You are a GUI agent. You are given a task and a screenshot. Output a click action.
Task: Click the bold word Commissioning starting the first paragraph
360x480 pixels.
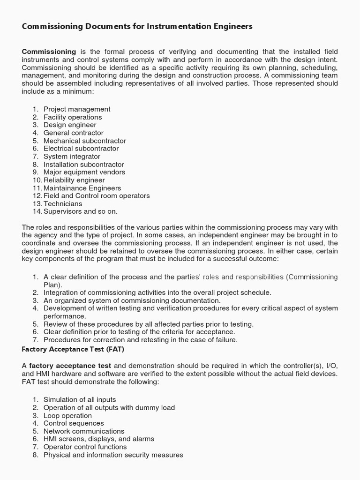tap(49, 52)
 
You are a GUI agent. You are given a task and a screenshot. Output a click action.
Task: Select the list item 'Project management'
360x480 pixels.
tap(77, 109)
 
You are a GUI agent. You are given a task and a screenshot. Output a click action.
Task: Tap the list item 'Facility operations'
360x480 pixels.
tap(73, 117)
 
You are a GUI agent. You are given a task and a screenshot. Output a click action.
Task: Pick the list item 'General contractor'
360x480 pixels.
tap(74, 133)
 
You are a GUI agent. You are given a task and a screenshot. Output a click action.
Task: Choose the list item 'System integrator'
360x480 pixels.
tap(72, 157)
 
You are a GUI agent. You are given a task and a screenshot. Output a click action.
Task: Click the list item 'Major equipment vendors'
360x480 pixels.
tap(84, 172)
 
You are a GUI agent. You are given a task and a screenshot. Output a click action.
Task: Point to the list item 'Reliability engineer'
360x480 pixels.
tap(74, 180)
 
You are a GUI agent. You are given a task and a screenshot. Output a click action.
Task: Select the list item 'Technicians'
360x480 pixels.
tap(63, 204)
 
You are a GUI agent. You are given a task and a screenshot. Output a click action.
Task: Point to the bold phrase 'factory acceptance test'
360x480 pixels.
tap(70, 366)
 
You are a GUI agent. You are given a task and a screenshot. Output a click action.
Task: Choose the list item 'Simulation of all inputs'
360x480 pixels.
tap(80, 400)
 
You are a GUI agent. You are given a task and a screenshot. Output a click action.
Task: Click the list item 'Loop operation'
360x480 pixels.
tap(67, 416)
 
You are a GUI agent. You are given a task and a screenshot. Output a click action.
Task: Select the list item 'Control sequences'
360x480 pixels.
tap(74, 423)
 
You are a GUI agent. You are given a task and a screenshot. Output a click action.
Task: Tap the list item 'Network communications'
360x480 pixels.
tap(84, 431)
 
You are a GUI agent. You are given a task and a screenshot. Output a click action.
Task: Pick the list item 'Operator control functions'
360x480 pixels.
tap(85, 447)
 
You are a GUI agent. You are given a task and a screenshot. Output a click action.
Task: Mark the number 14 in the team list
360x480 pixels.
tap(37, 212)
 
